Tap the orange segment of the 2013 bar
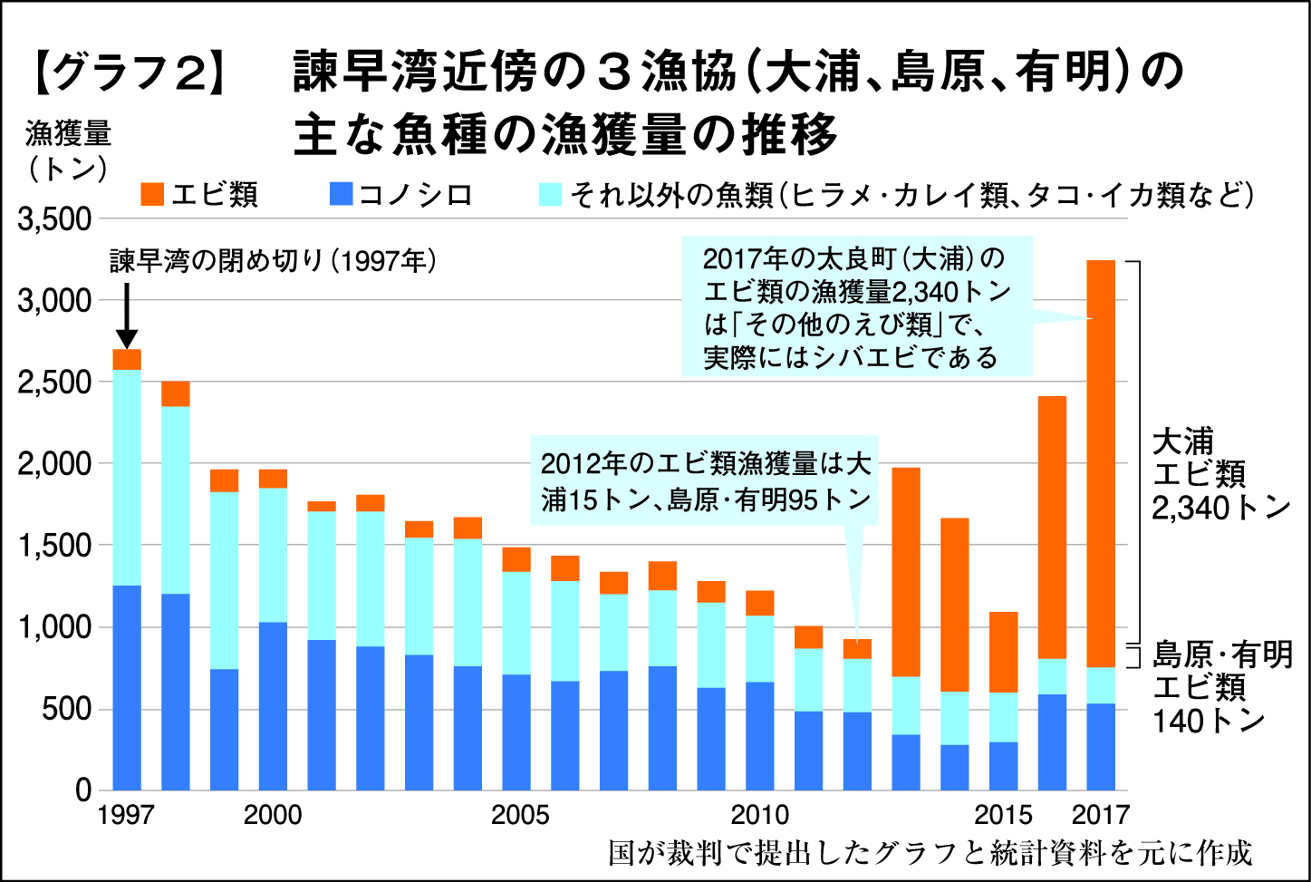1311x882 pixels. (x=906, y=571)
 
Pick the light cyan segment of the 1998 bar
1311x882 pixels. (x=176, y=499)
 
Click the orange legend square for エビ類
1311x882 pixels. (x=153, y=194)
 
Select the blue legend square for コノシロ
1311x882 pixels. (x=342, y=194)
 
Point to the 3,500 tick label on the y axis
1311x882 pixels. (x=54, y=219)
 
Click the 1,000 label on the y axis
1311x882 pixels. (x=54, y=627)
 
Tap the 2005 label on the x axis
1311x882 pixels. (x=520, y=814)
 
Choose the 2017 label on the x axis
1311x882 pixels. (x=1101, y=814)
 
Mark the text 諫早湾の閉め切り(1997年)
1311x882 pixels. (x=273, y=261)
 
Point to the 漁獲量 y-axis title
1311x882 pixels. (x=68, y=134)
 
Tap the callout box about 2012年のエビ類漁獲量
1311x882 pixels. (x=705, y=481)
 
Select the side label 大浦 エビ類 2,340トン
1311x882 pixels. (x=1219, y=474)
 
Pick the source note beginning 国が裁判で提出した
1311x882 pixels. (x=930, y=853)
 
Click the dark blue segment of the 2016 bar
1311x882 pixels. (x=1052, y=741)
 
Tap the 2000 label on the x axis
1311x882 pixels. (x=273, y=814)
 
